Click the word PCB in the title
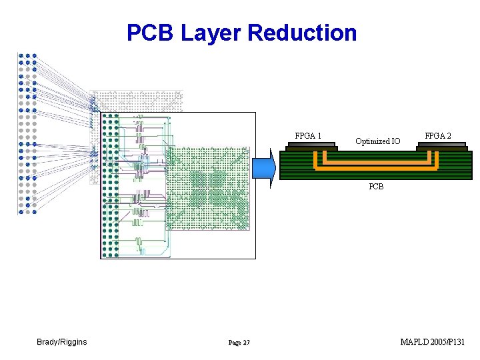(150, 32)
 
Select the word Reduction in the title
(302, 32)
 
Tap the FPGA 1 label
(308, 135)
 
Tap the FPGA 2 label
(438, 135)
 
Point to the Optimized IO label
(378, 141)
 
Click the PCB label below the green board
(376, 187)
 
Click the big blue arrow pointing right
(264, 168)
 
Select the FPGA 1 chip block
(311, 147)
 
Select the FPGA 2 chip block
(442, 147)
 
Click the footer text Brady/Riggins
(62, 342)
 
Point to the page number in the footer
(239, 343)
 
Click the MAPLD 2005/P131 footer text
(432, 341)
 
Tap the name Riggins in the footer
(74, 342)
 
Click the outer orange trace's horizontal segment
(376, 168)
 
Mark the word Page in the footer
(235, 343)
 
